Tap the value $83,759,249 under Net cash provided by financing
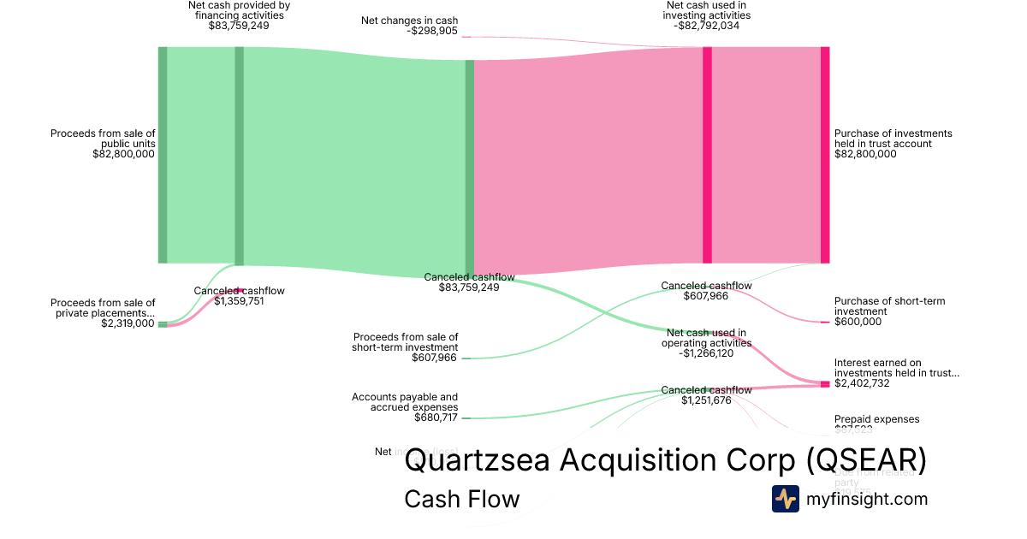click(239, 26)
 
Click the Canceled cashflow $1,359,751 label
click(239, 295)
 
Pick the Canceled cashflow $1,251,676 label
click(706, 395)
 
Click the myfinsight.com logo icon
click(785, 499)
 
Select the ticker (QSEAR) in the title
click(866, 460)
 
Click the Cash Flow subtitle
click(461, 499)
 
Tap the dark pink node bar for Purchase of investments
click(825, 155)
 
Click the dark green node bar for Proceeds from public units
click(163, 155)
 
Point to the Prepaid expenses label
click(876, 419)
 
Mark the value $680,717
click(435, 418)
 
